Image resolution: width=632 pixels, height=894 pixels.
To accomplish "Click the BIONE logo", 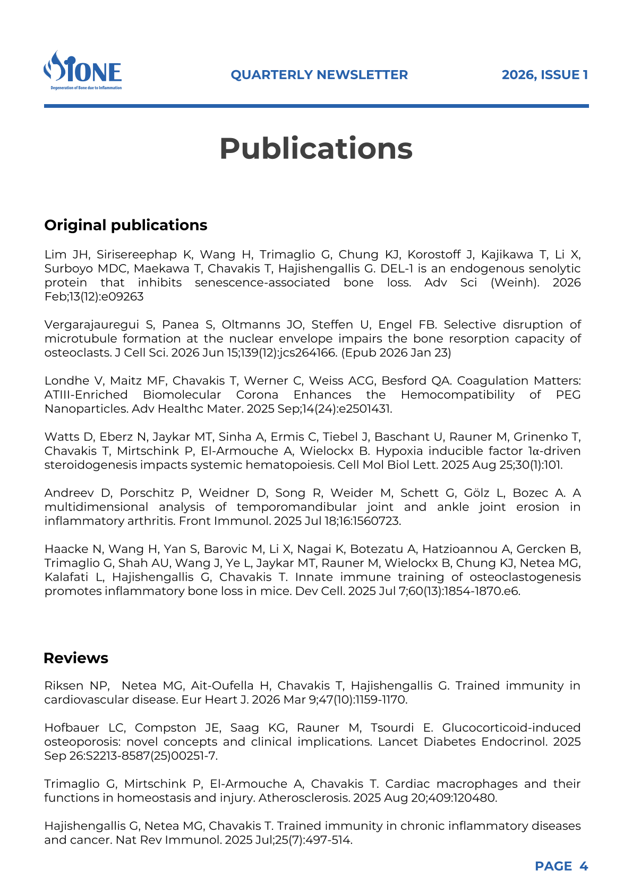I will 82,70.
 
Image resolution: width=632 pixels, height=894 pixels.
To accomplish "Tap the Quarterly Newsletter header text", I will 319,75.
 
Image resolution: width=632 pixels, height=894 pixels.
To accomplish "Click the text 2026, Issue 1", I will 544,75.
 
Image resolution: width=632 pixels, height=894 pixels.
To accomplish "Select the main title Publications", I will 316,148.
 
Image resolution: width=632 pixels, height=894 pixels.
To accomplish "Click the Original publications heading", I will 126,225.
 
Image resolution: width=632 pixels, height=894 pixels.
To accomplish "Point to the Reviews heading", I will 76,658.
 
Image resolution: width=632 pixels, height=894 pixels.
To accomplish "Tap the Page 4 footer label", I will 561,866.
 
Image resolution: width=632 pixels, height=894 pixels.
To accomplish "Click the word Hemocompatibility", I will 457,395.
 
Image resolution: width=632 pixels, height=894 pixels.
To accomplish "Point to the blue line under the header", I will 316,106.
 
